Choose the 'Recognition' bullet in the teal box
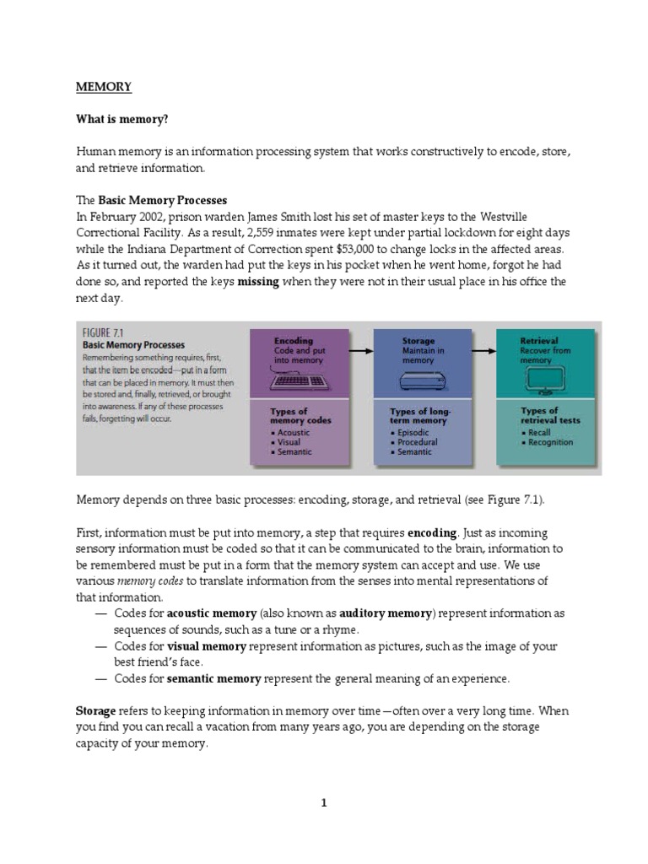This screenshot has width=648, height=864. [x=549, y=442]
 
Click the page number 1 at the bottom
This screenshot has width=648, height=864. [x=324, y=802]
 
